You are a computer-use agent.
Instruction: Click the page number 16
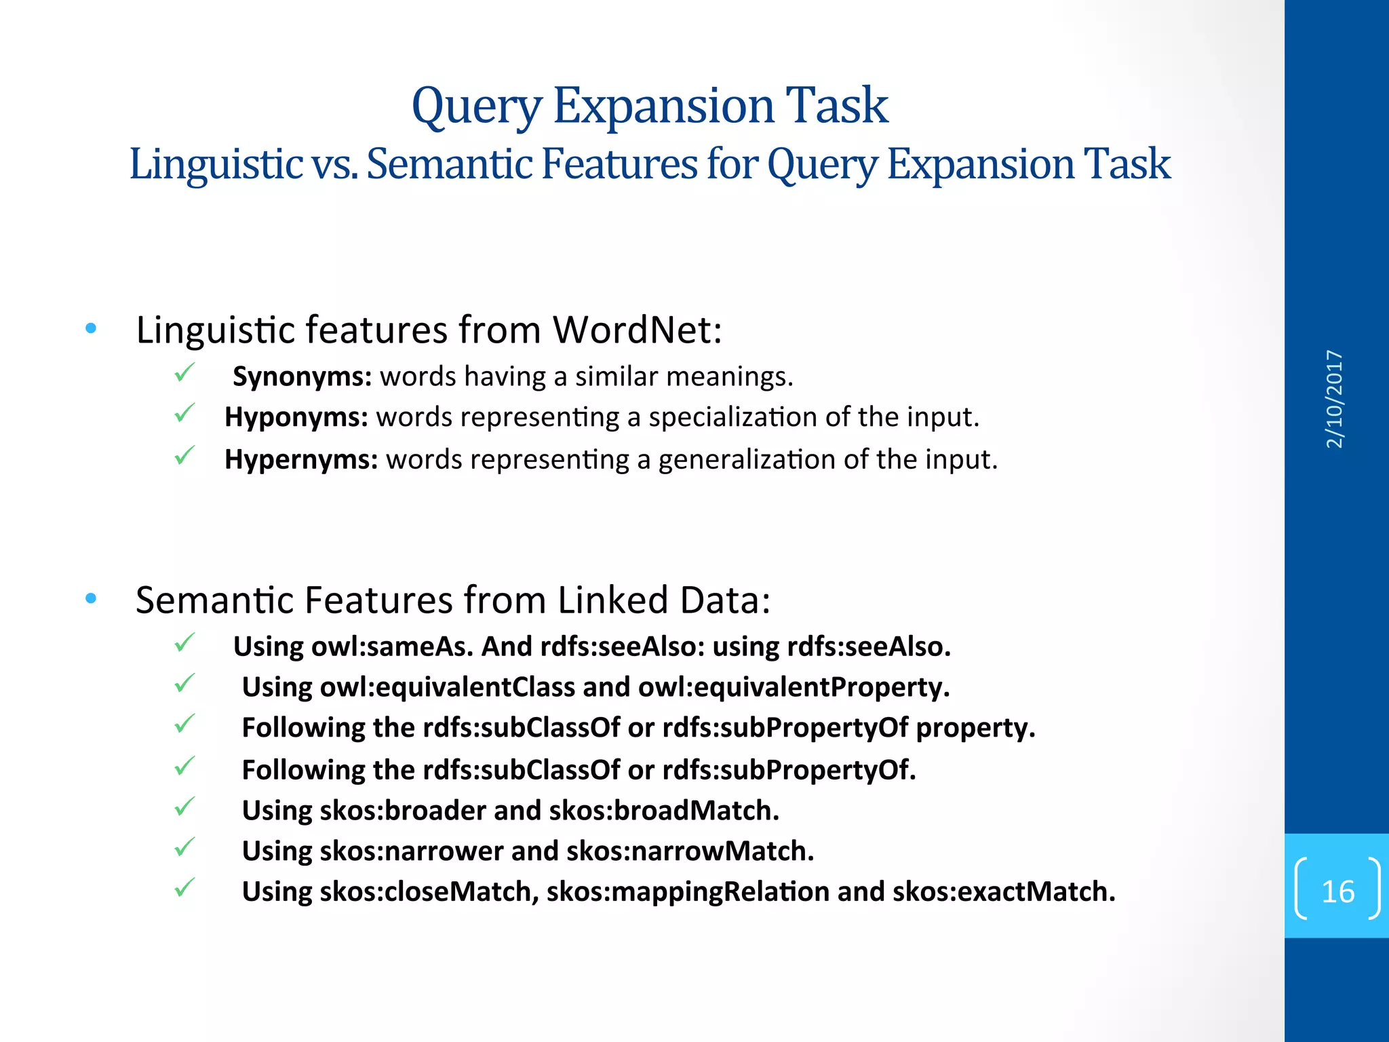(1337, 891)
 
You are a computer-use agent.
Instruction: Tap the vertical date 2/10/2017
(1334, 399)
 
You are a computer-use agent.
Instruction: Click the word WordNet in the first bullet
(637, 330)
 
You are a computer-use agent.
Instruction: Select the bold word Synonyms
(302, 377)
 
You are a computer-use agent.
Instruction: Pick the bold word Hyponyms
(296, 417)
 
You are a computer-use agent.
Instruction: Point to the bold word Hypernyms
(301, 460)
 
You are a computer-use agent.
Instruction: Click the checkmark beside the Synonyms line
(184, 372)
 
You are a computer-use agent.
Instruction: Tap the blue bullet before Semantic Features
(92, 599)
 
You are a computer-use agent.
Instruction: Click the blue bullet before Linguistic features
(92, 329)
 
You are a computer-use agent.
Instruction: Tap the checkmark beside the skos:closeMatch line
(184, 887)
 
